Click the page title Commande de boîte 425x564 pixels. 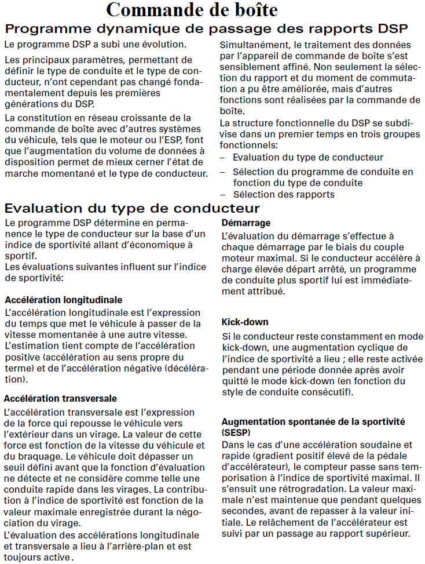click(192, 10)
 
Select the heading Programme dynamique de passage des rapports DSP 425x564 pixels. click(206, 28)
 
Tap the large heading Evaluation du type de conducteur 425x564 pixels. click(132, 208)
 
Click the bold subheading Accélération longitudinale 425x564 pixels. click(63, 300)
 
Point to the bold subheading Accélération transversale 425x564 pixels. click(60, 398)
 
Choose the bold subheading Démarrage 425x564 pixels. click(246, 223)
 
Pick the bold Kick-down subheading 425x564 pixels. click(245, 322)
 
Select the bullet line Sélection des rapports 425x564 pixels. click(284, 194)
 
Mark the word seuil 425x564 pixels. click(15, 467)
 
